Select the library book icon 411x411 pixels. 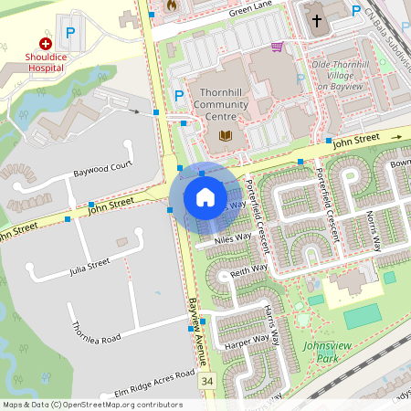225,136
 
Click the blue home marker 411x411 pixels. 205,197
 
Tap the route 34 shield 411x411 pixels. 208,380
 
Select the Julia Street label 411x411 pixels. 90,267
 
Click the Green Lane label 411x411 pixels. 250,11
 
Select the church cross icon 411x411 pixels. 317,20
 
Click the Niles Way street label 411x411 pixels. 232,238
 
